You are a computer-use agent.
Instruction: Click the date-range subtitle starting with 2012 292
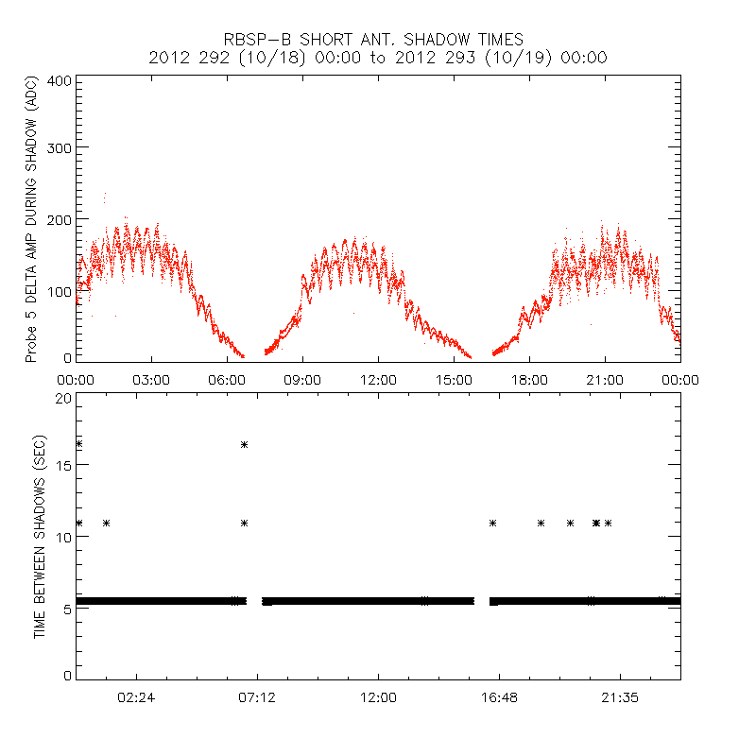click(x=378, y=58)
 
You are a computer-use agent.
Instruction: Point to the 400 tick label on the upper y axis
click(x=60, y=80)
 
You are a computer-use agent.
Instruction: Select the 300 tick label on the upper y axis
click(x=60, y=147)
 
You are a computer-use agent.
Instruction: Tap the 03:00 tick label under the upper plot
click(x=151, y=380)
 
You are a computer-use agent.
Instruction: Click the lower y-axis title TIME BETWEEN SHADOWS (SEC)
click(x=40, y=537)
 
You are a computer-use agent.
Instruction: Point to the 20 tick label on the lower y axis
click(x=63, y=398)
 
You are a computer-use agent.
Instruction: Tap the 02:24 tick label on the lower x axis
click(x=136, y=697)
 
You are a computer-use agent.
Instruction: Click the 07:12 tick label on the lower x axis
click(x=257, y=697)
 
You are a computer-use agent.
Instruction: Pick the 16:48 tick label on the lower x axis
click(x=499, y=697)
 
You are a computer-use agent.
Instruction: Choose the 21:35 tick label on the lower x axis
click(x=620, y=697)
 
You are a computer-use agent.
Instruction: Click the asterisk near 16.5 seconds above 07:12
click(x=244, y=444)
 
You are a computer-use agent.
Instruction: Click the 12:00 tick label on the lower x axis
click(x=378, y=697)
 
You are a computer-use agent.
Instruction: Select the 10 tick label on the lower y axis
click(x=63, y=537)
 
